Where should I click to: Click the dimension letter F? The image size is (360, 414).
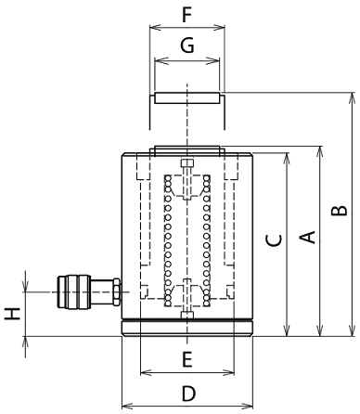pyautogui.click(x=187, y=15)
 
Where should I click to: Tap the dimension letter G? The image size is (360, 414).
pyautogui.click(x=187, y=45)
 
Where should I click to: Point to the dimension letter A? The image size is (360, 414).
pyautogui.click(x=307, y=237)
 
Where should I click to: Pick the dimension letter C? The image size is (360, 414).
pyautogui.click(x=274, y=240)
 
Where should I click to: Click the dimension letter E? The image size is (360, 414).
pyautogui.click(x=187, y=359)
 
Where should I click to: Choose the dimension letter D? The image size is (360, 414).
pyautogui.click(x=188, y=394)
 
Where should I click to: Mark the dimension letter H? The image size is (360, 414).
pyautogui.click(x=12, y=314)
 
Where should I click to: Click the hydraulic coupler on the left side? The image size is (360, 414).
pyautogui.click(x=74, y=291)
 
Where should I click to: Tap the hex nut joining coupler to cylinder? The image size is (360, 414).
pyautogui.click(x=117, y=291)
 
